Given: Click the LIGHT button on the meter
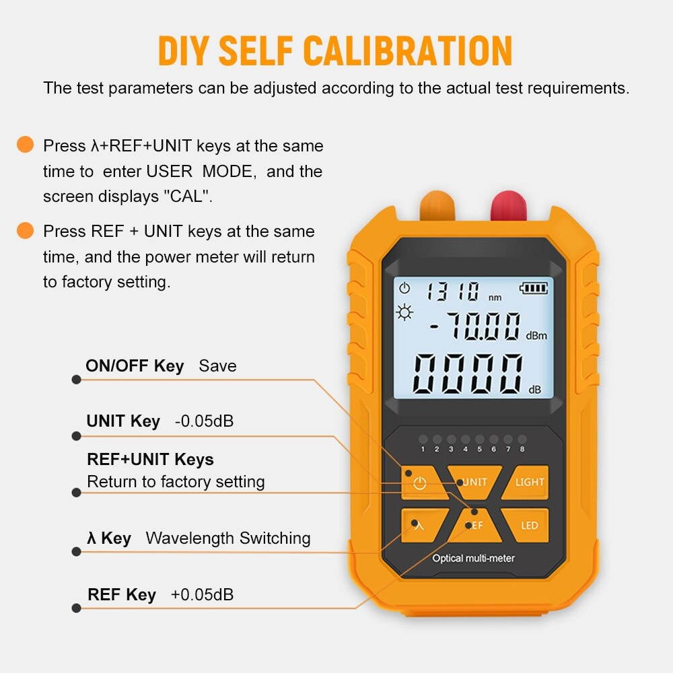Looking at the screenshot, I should click(x=530, y=482).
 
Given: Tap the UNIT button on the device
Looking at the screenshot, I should click(x=475, y=481).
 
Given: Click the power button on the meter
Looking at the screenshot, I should click(x=420, y=483).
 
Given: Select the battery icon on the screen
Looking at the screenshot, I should click(x=534, y=289).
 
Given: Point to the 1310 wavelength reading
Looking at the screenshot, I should click(x=452, y=291).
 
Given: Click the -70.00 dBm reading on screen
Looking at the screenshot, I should click(x=475, y=328).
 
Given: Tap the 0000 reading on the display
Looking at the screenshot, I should click(x=468, y=374).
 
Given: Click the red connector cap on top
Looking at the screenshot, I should click(x=509, y=205).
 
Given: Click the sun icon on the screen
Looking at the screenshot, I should click(x=405, y=312).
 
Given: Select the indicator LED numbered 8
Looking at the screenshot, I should click(x=522, y=439).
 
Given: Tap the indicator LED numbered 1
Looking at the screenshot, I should click(x=423, y=439).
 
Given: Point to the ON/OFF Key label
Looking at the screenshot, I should click(x=135, y=366).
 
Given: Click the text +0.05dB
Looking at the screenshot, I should click(x=203, y=595).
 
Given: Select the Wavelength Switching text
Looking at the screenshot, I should click(x=228, y=538).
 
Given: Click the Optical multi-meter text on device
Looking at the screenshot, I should click(x=473, y=558).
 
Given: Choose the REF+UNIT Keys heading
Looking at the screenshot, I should click(x=150, y=460).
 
